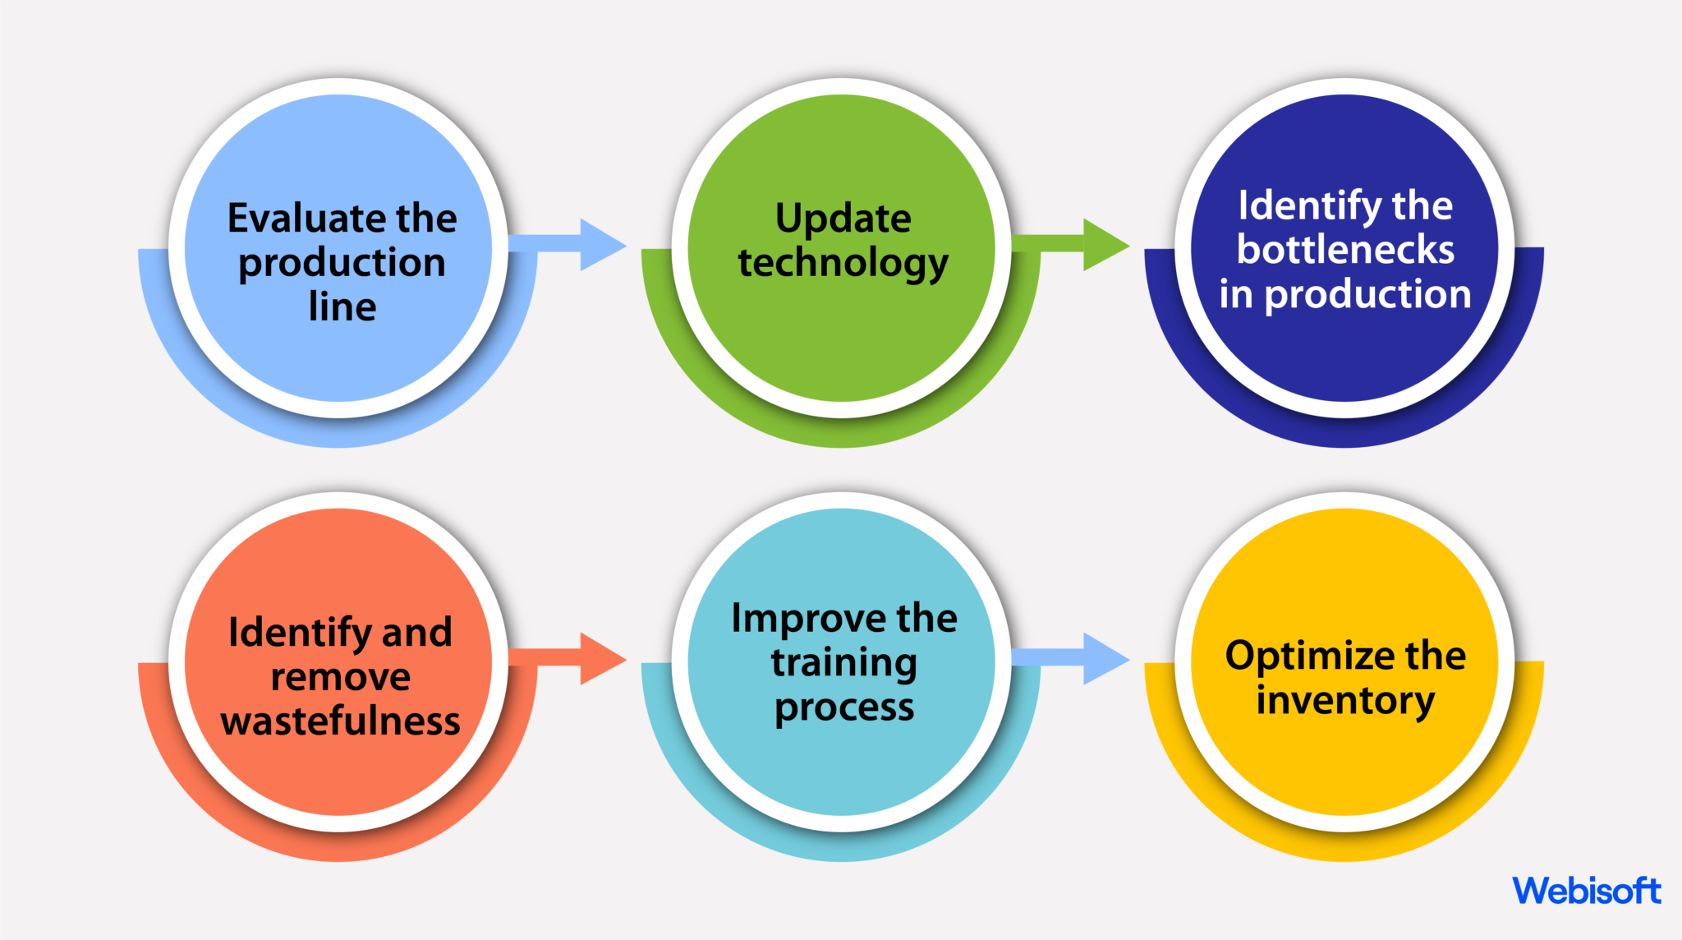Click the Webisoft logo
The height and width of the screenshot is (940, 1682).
pyautogui.click(x=1586, y=891)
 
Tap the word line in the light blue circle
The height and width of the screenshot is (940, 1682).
pyautogui.click(x=342, y=306)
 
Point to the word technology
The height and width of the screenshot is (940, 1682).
pyautogui.click(x=843, y=264)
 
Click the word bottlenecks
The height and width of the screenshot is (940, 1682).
pyautogui.click(x=1345, y=250)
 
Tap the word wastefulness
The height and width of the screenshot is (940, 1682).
pyautogui.click(x=341, y=721)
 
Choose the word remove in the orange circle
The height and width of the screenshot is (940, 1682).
pyautogui.click(x=341, y=678)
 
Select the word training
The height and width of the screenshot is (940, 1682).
pyautogui.click(x=843, y=663)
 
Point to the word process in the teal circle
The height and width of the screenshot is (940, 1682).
pyautogui.click(x=843, y=707)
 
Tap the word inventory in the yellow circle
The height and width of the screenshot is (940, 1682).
pyautogui.click(x=1345, y=701)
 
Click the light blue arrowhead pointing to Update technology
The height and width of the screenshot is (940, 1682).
pyautogui.click(x=601, y=244)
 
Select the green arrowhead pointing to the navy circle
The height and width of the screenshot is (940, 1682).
pyautogui.click(x=1104, y=244)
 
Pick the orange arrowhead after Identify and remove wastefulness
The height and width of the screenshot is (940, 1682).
pyautogui.click(x=601, y=658)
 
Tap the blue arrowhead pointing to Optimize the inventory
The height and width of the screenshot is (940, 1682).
pyautogui.click(x=1104, y=658)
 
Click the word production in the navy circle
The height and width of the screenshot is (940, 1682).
pyautogui.click(x=1367, y=295)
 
